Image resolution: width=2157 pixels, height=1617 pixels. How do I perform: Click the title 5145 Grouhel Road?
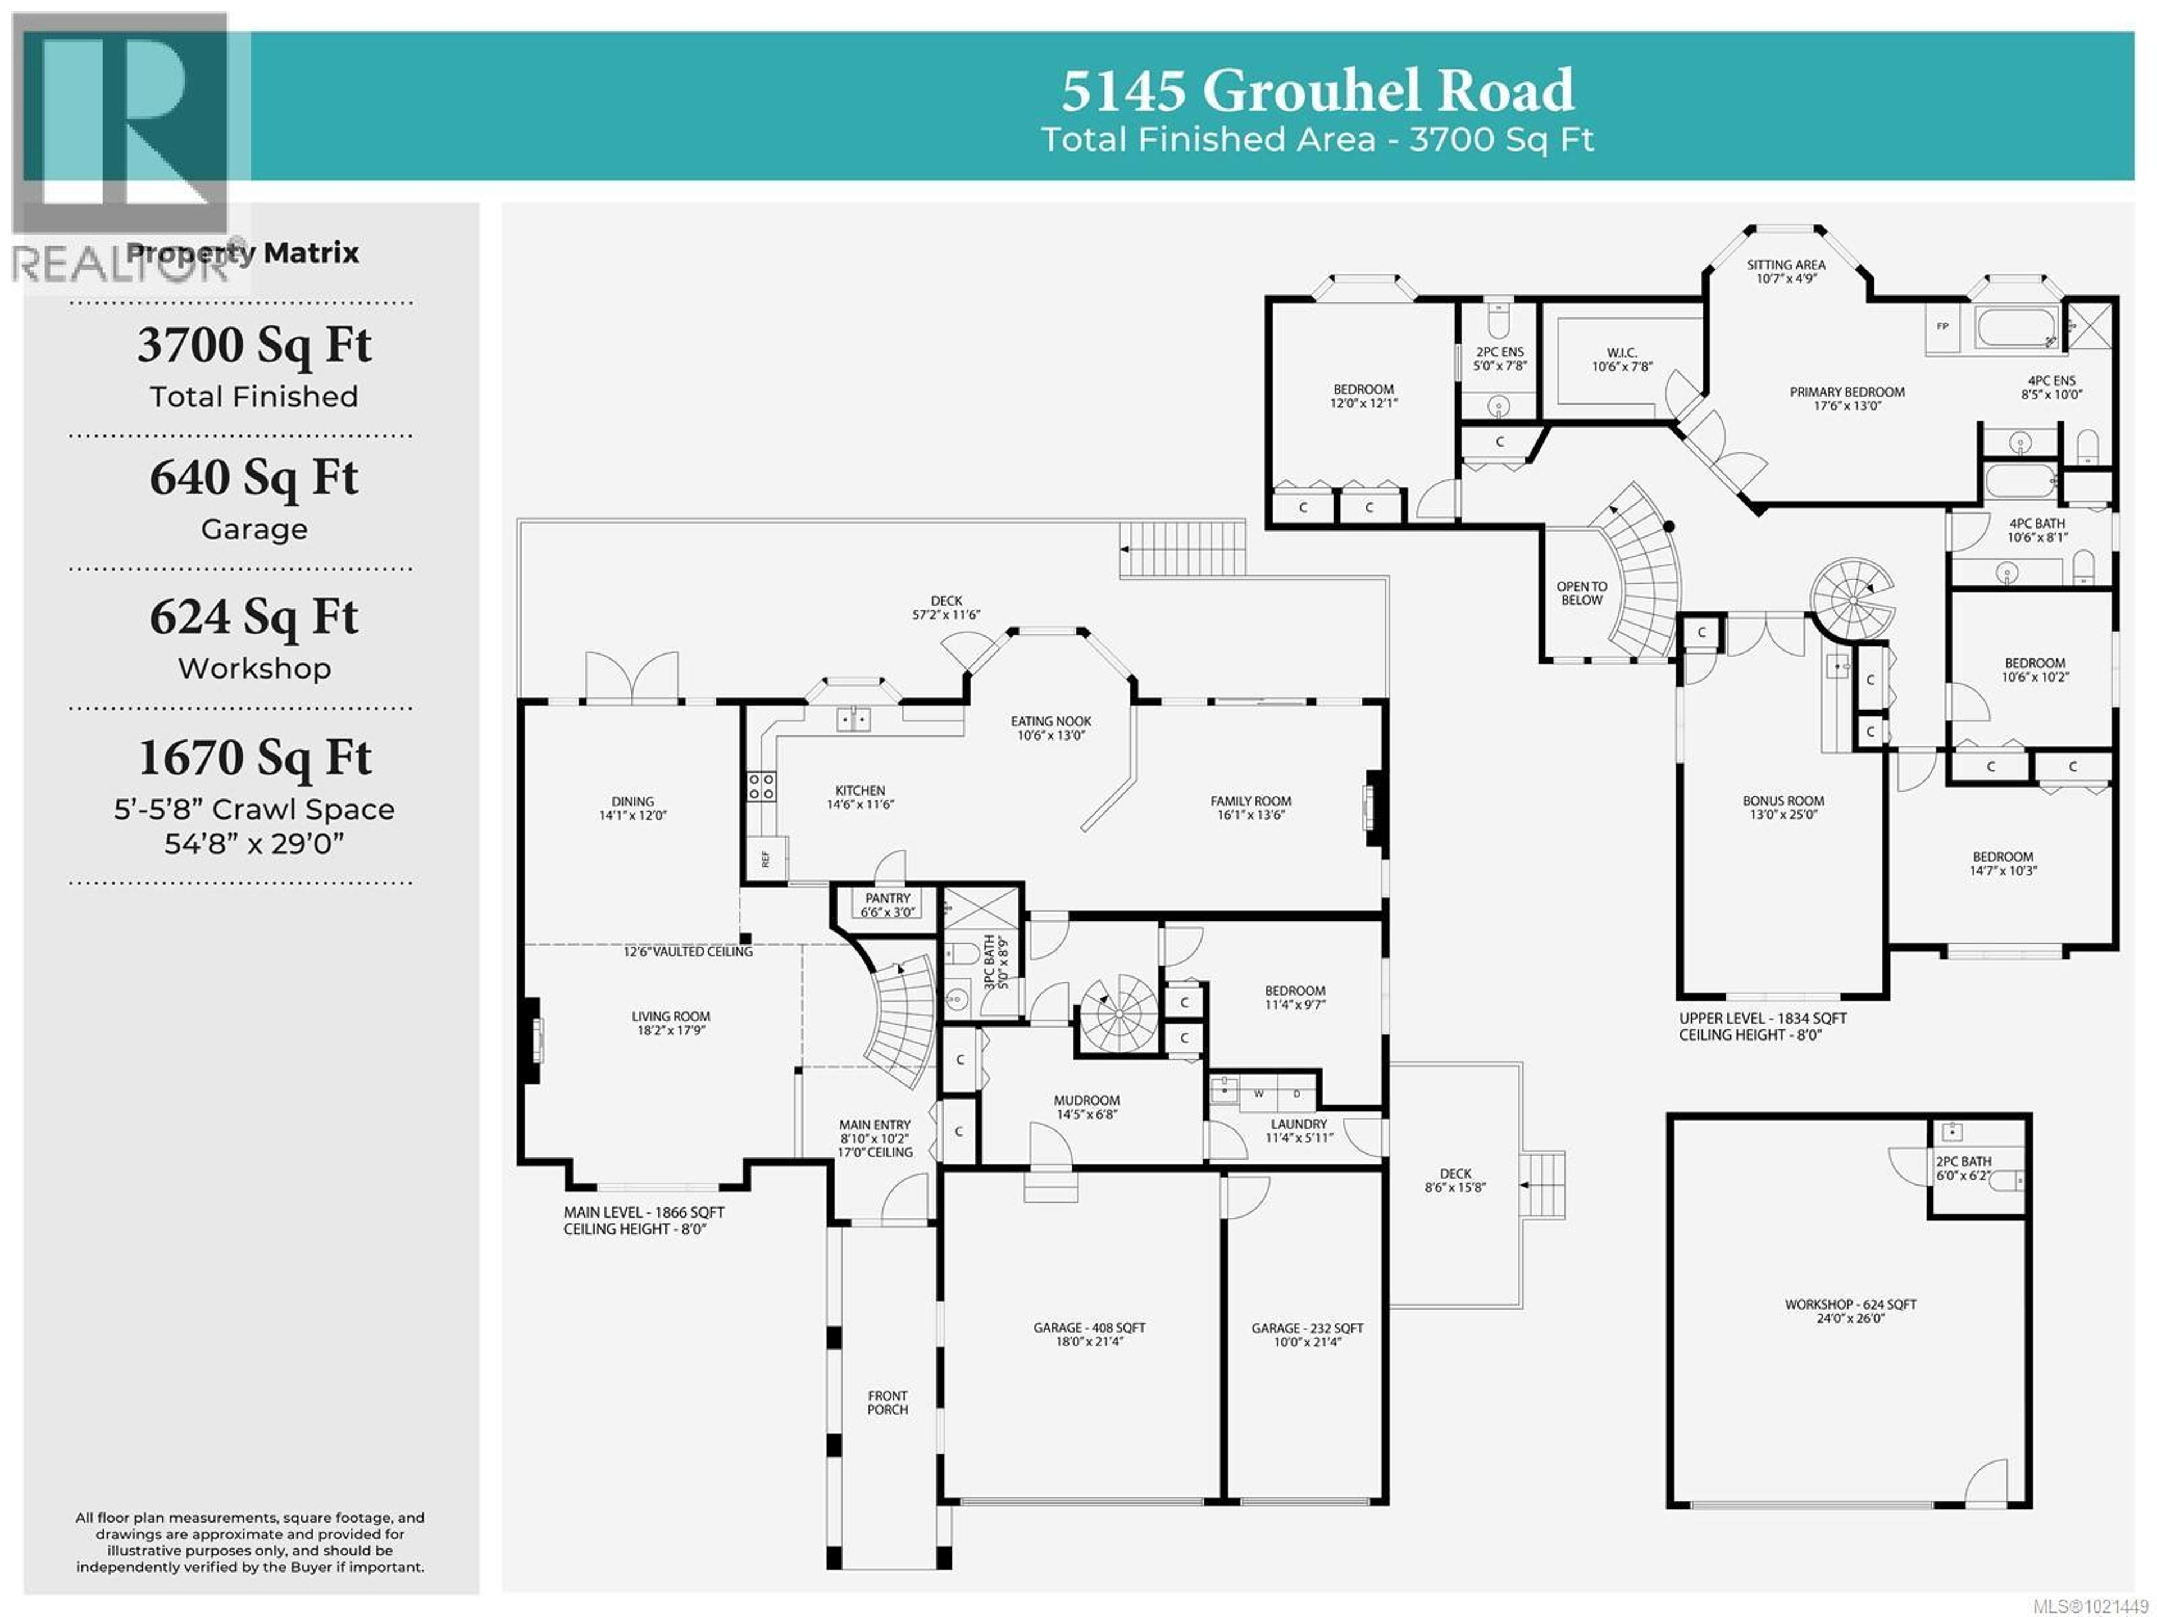[1317, 90]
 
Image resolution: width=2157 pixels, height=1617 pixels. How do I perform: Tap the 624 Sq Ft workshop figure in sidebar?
[253, 616]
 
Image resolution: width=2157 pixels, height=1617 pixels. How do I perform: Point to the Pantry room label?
[888, 904]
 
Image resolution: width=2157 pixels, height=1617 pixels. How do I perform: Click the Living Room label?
[671, 1022]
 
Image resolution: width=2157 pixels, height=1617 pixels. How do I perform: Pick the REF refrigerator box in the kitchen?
[766, 859]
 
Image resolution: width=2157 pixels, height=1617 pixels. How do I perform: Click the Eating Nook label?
[1050, 728]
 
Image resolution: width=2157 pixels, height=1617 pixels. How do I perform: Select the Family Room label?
[1250, 807]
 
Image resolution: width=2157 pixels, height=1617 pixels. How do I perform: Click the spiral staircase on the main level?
[1118, 1014]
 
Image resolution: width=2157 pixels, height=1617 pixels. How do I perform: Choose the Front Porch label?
[888, 1402]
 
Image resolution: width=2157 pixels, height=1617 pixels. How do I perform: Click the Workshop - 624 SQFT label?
[1850, 1310]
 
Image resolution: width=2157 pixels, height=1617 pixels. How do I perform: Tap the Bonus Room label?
[1782, 807]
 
